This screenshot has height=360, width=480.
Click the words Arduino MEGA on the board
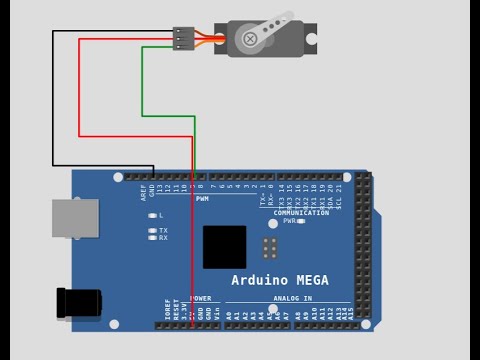[280, 280]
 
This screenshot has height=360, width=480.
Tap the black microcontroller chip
[224, 246]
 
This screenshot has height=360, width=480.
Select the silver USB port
[75, 218]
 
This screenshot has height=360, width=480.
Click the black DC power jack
[79, 302]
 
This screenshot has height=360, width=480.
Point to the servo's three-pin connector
[183, 38]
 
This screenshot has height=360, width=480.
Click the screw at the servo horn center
[248, 39]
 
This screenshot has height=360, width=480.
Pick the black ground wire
[53, 100]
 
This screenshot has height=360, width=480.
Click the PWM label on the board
[202, 198]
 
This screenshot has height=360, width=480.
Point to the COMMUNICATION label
[301, 212]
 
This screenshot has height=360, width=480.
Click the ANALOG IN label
[290, 298]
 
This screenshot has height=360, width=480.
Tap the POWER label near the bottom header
[200, 298]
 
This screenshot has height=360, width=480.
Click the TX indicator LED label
[163, 230]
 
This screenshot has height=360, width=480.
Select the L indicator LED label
[161, 215]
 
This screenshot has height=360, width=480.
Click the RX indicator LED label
[163, 238]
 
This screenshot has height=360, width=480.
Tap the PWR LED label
[288, 221]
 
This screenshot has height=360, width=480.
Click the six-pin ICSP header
[270, 248]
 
